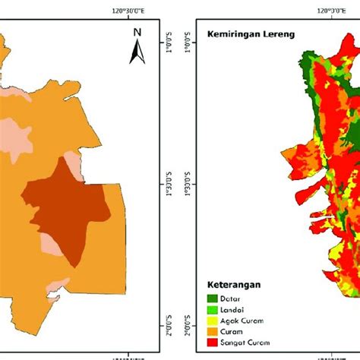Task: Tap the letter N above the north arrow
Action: pos(137,32)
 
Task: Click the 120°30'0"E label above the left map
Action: pos(129,11)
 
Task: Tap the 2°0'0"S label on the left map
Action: pos(169,320)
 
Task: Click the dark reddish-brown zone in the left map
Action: pos(68,213)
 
